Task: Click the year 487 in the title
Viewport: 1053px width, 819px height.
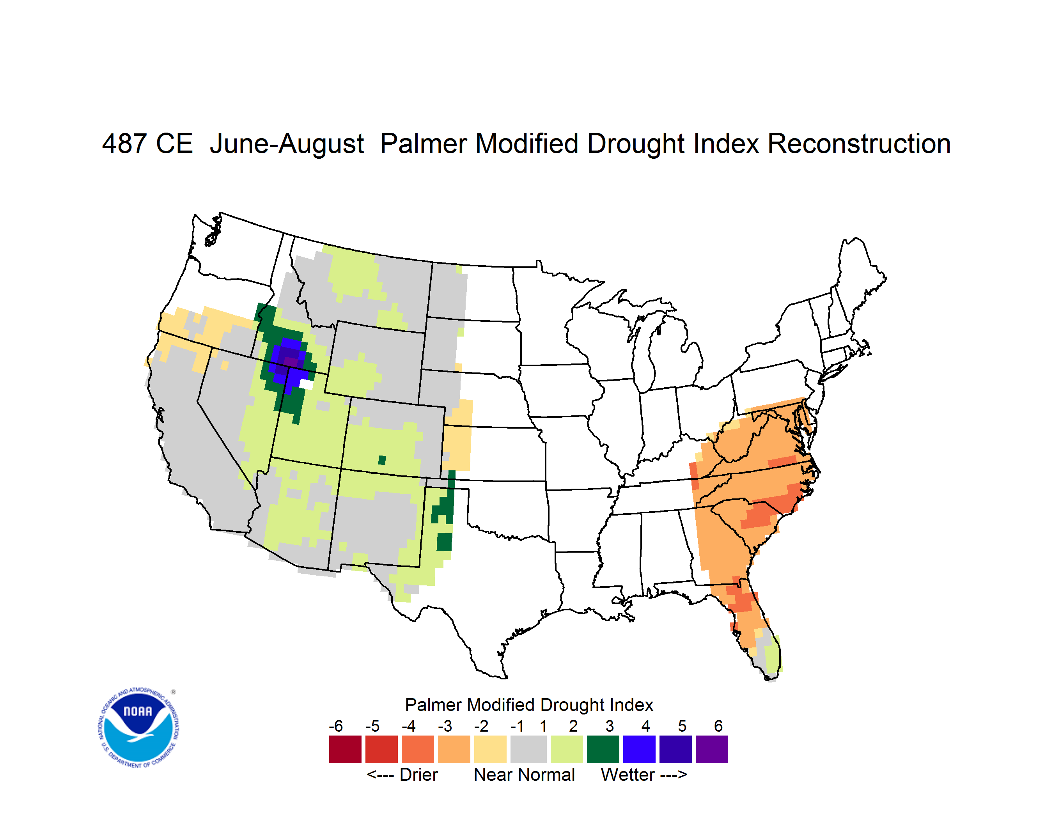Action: tap(124, 144)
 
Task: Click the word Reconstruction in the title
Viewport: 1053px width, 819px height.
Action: tap(859, 144)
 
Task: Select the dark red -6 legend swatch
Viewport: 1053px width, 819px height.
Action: tap(345, 749)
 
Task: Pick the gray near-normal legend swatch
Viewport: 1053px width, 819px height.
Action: tap(528, 749)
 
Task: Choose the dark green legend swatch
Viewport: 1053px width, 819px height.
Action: tap(603, 749)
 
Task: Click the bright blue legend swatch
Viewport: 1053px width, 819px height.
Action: tap(639, 749)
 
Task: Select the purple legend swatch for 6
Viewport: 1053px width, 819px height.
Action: tap(712, 749)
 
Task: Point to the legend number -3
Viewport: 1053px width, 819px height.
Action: tap(445, 726)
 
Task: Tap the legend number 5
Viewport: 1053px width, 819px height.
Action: tap(682, 726)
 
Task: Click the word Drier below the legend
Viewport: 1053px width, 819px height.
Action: tap(418, 775)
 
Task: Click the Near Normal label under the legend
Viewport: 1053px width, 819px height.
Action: tap(524, 775)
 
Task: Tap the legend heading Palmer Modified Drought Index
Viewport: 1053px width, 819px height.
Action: tap(529, 705)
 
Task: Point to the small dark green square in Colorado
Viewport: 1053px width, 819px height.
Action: tap(382, 460)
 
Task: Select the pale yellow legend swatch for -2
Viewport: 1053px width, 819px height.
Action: tap(490, 749)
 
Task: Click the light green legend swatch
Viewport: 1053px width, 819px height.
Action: tap(567, 749)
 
